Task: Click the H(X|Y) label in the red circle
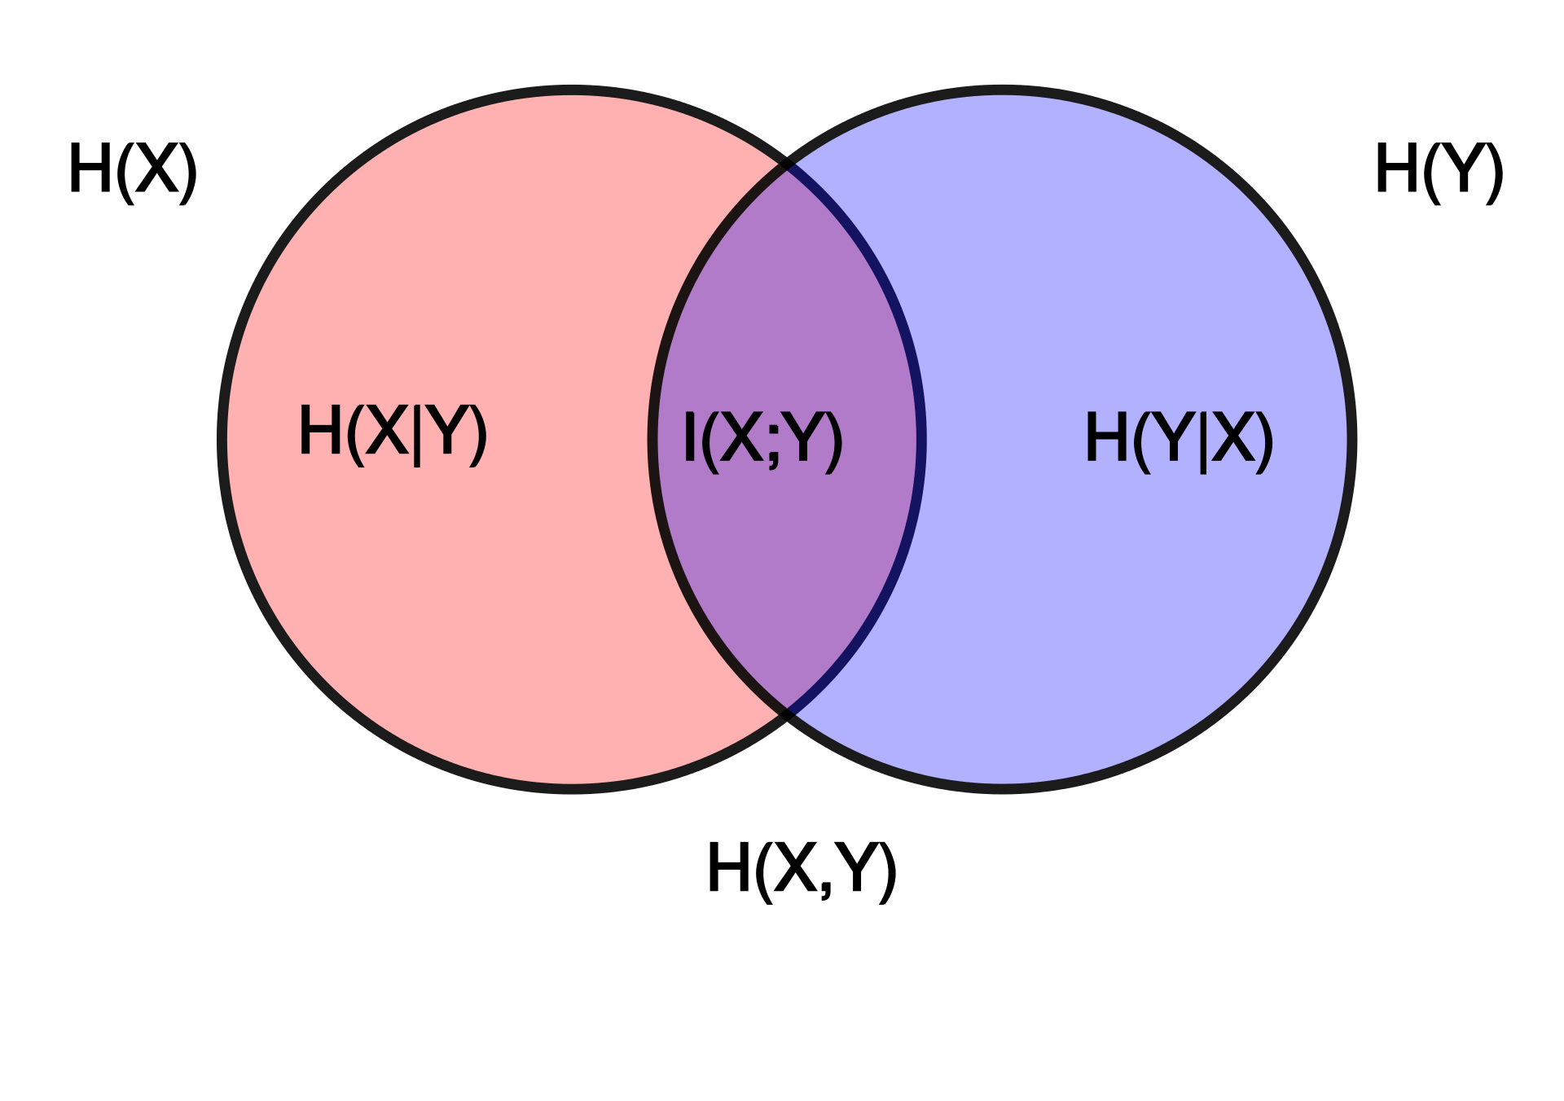coord(393,432)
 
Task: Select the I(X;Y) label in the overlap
coord(762,439)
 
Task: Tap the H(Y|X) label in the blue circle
coord(1178,439)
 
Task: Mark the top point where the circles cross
coord(787,168)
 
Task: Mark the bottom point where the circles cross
coord(787,711)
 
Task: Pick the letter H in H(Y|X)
coord(1106,437)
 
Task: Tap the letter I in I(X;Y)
coord(690,437)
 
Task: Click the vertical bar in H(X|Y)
coord(417,435)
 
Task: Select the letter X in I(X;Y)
coord(740,437)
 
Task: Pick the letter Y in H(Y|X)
coord(1174,437)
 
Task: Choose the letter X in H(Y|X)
coord(1233,437)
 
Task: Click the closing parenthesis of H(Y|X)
coord(1263,441)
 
